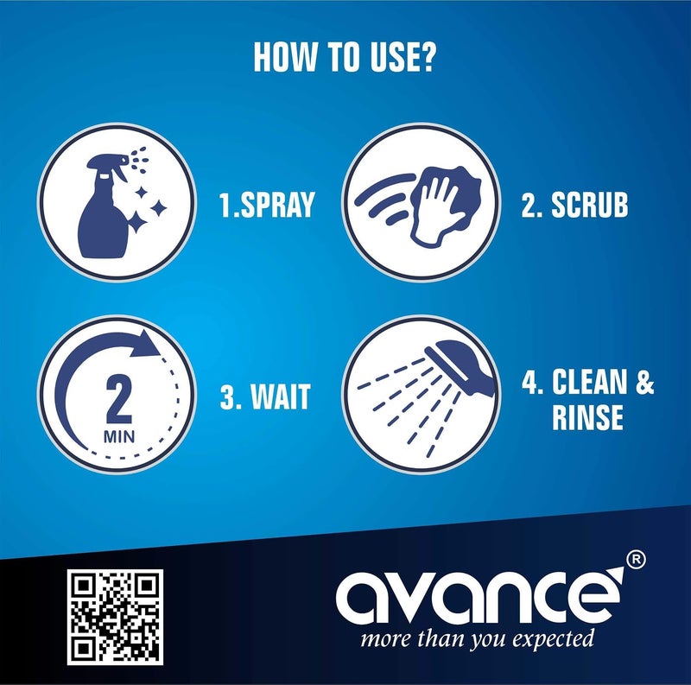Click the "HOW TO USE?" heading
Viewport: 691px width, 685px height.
click(x=345, y=57)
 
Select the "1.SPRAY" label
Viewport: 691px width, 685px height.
click(x=267, y=205)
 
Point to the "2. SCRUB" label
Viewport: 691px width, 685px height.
click(x=574, y=205)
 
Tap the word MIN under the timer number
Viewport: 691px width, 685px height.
click(x=119, y=437)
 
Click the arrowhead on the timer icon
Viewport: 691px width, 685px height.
click(x=145, y=344)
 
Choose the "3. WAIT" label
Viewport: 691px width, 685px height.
click(x=265, y=396)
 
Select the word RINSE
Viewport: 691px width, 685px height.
click(x=587, y=417)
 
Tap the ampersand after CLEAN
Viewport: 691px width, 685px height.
click(x=644, y=382)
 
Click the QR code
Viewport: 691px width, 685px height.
click(x=115, y=617)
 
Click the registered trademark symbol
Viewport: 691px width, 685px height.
click(x=636, y=561)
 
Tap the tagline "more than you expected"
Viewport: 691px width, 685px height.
click(x=478, y=638)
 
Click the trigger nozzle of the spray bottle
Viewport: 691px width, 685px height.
click(x=111, y=163)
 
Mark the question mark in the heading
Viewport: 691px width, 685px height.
click(x=426, y=57)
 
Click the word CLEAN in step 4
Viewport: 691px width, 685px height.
click(x=590, y=382)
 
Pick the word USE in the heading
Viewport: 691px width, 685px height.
click(x=391, y=57)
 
